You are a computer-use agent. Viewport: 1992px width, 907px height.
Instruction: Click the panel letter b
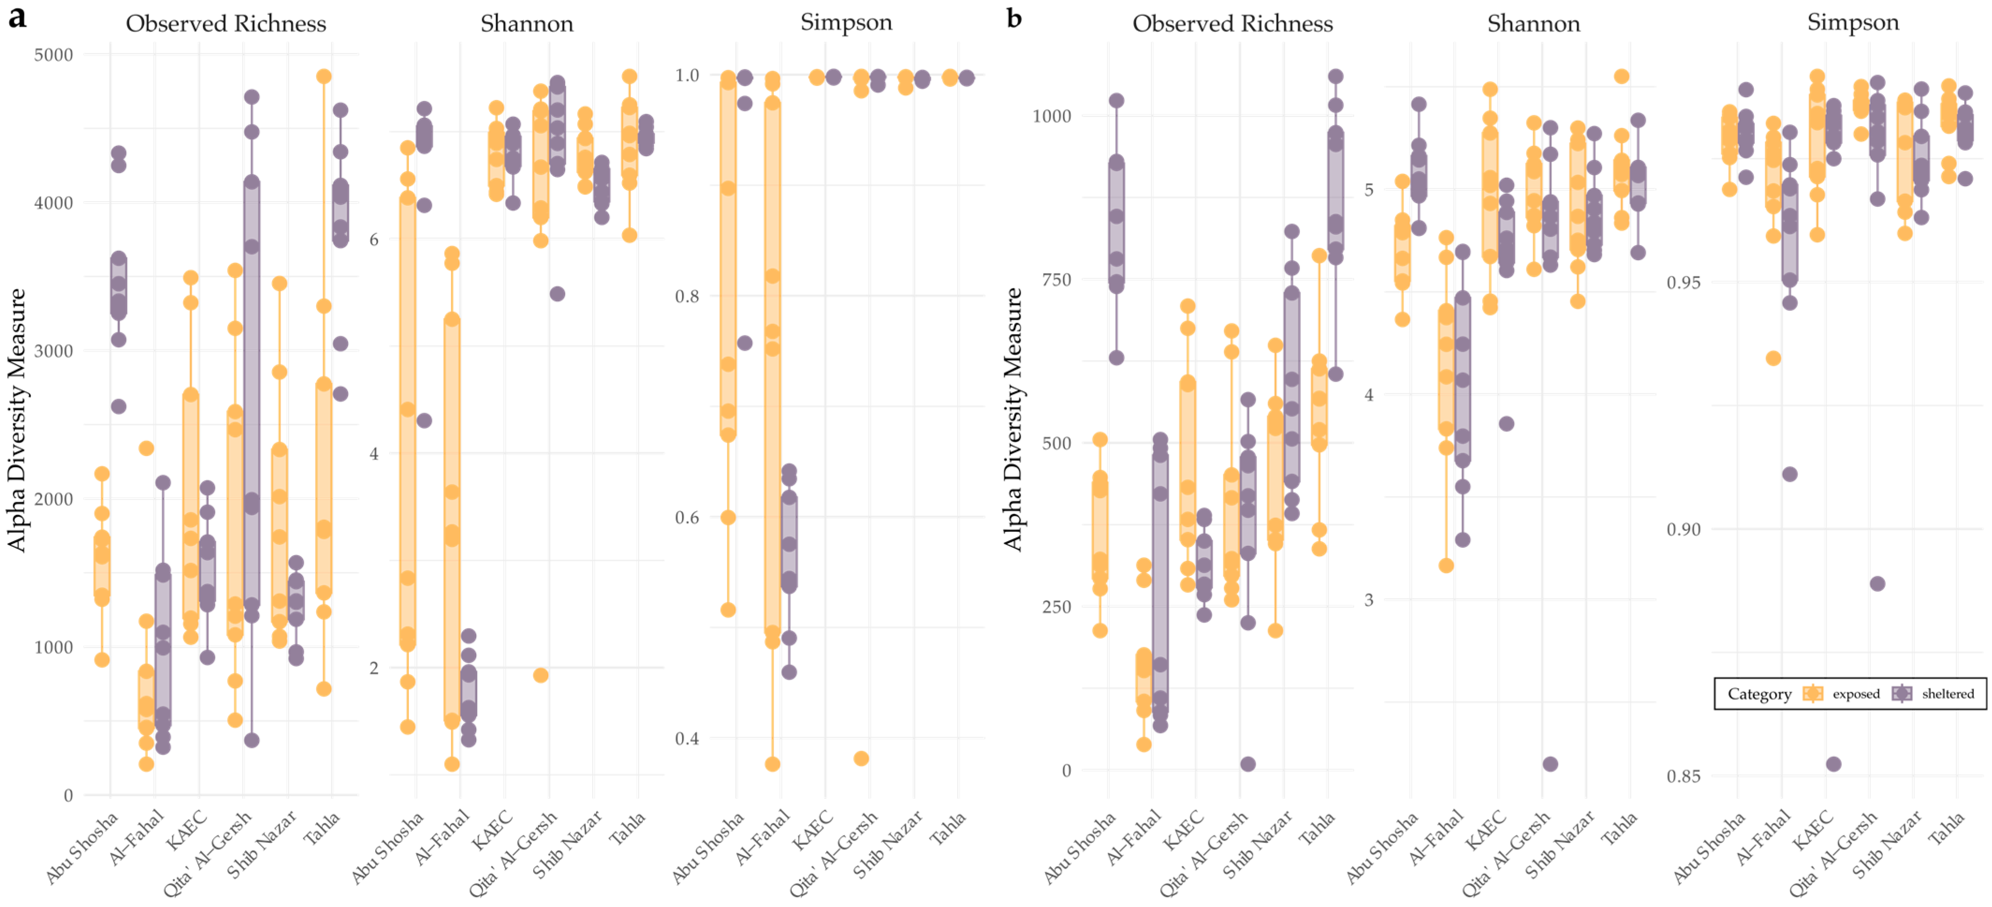(x=1014, y=17)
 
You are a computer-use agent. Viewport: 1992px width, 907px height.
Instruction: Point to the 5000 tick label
(x=52, y=55)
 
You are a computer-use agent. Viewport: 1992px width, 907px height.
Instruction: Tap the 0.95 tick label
(x=1683, y=282)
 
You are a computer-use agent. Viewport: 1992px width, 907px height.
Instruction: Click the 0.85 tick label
(x=1683, y=776)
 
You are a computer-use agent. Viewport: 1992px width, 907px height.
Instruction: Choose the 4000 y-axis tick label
(x=52, y=203)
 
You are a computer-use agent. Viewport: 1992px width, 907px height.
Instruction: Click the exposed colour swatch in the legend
(x=1813, y=694)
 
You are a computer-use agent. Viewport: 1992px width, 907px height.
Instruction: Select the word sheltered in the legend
(x=1948, y=694)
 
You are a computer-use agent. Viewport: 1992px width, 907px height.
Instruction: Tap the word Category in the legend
(x=1759, y=694)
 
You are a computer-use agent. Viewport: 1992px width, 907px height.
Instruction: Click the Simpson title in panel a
(x=846, y=22)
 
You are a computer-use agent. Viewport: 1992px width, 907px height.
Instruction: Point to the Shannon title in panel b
(x=1534, y=24)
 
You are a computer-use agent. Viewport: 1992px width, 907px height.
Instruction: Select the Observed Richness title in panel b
(x=1233, y=24)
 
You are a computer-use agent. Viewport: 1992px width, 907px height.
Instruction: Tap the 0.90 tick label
(x=1683, y=530)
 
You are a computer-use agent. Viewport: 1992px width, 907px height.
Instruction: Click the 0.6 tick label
(x=687, y=517)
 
